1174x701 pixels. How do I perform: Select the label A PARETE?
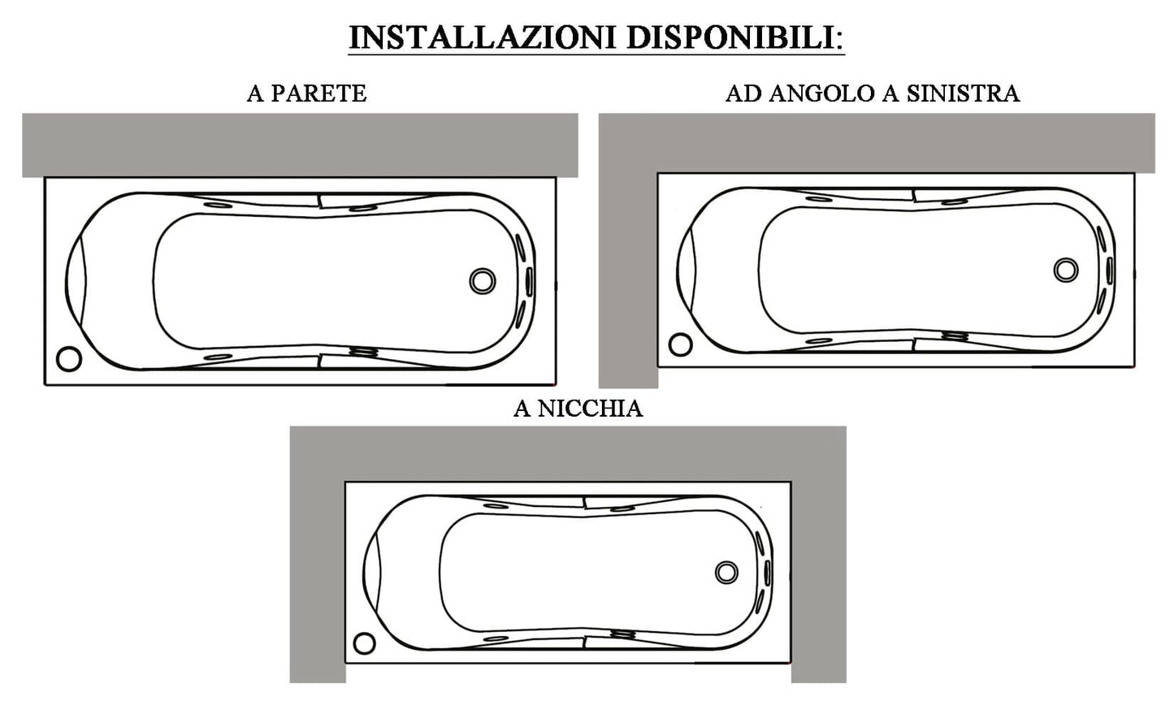pos(306,93)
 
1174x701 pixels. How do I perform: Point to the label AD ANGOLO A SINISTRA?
pos(872,93)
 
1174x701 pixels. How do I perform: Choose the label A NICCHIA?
pos(578,408)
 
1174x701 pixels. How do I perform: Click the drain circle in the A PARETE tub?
pos(482,280)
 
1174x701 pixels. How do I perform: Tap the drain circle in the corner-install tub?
pos(1065,269)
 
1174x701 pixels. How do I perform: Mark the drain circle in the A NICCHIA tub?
pos(726,572)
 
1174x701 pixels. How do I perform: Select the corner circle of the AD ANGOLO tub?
pos(680,344)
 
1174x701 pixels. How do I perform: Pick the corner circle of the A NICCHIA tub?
pos(365,643)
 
